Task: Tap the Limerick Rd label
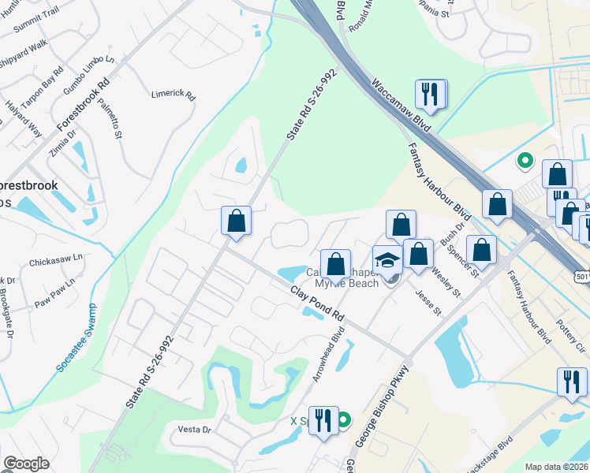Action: point(173,94)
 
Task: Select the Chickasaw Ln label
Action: point(55,258)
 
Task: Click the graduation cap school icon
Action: point(387,259)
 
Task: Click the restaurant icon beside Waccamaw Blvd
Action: point(430,95)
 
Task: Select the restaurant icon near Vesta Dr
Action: point(323,420)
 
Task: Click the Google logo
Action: point(26,464)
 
